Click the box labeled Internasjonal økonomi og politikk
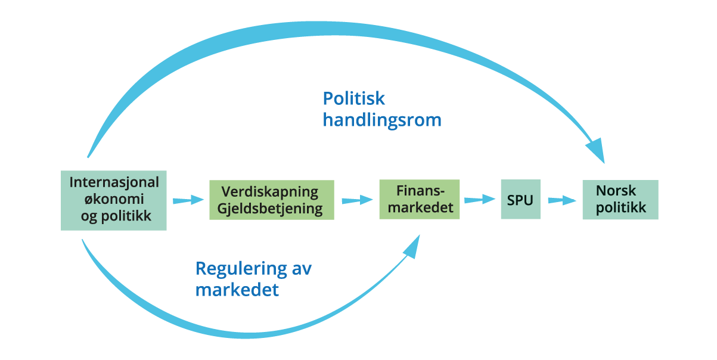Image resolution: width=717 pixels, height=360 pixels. click(113, 200)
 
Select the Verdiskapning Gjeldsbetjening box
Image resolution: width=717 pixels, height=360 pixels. click(271, 200)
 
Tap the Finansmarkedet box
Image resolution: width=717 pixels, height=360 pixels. click(419, 199)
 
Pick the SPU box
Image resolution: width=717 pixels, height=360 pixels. click(520, 200)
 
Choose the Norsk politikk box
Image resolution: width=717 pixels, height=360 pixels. click(620, 200)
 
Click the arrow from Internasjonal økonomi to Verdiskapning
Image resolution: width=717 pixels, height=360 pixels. click(188, 201)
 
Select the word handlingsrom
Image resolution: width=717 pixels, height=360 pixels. click(382, 120)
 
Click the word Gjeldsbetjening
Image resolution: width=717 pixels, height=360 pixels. click(271, 209)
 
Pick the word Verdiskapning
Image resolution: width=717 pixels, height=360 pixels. click(270, 192)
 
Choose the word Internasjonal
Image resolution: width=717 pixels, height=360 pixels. click(114, 182)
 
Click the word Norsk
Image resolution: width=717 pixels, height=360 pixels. click(616, 191)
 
